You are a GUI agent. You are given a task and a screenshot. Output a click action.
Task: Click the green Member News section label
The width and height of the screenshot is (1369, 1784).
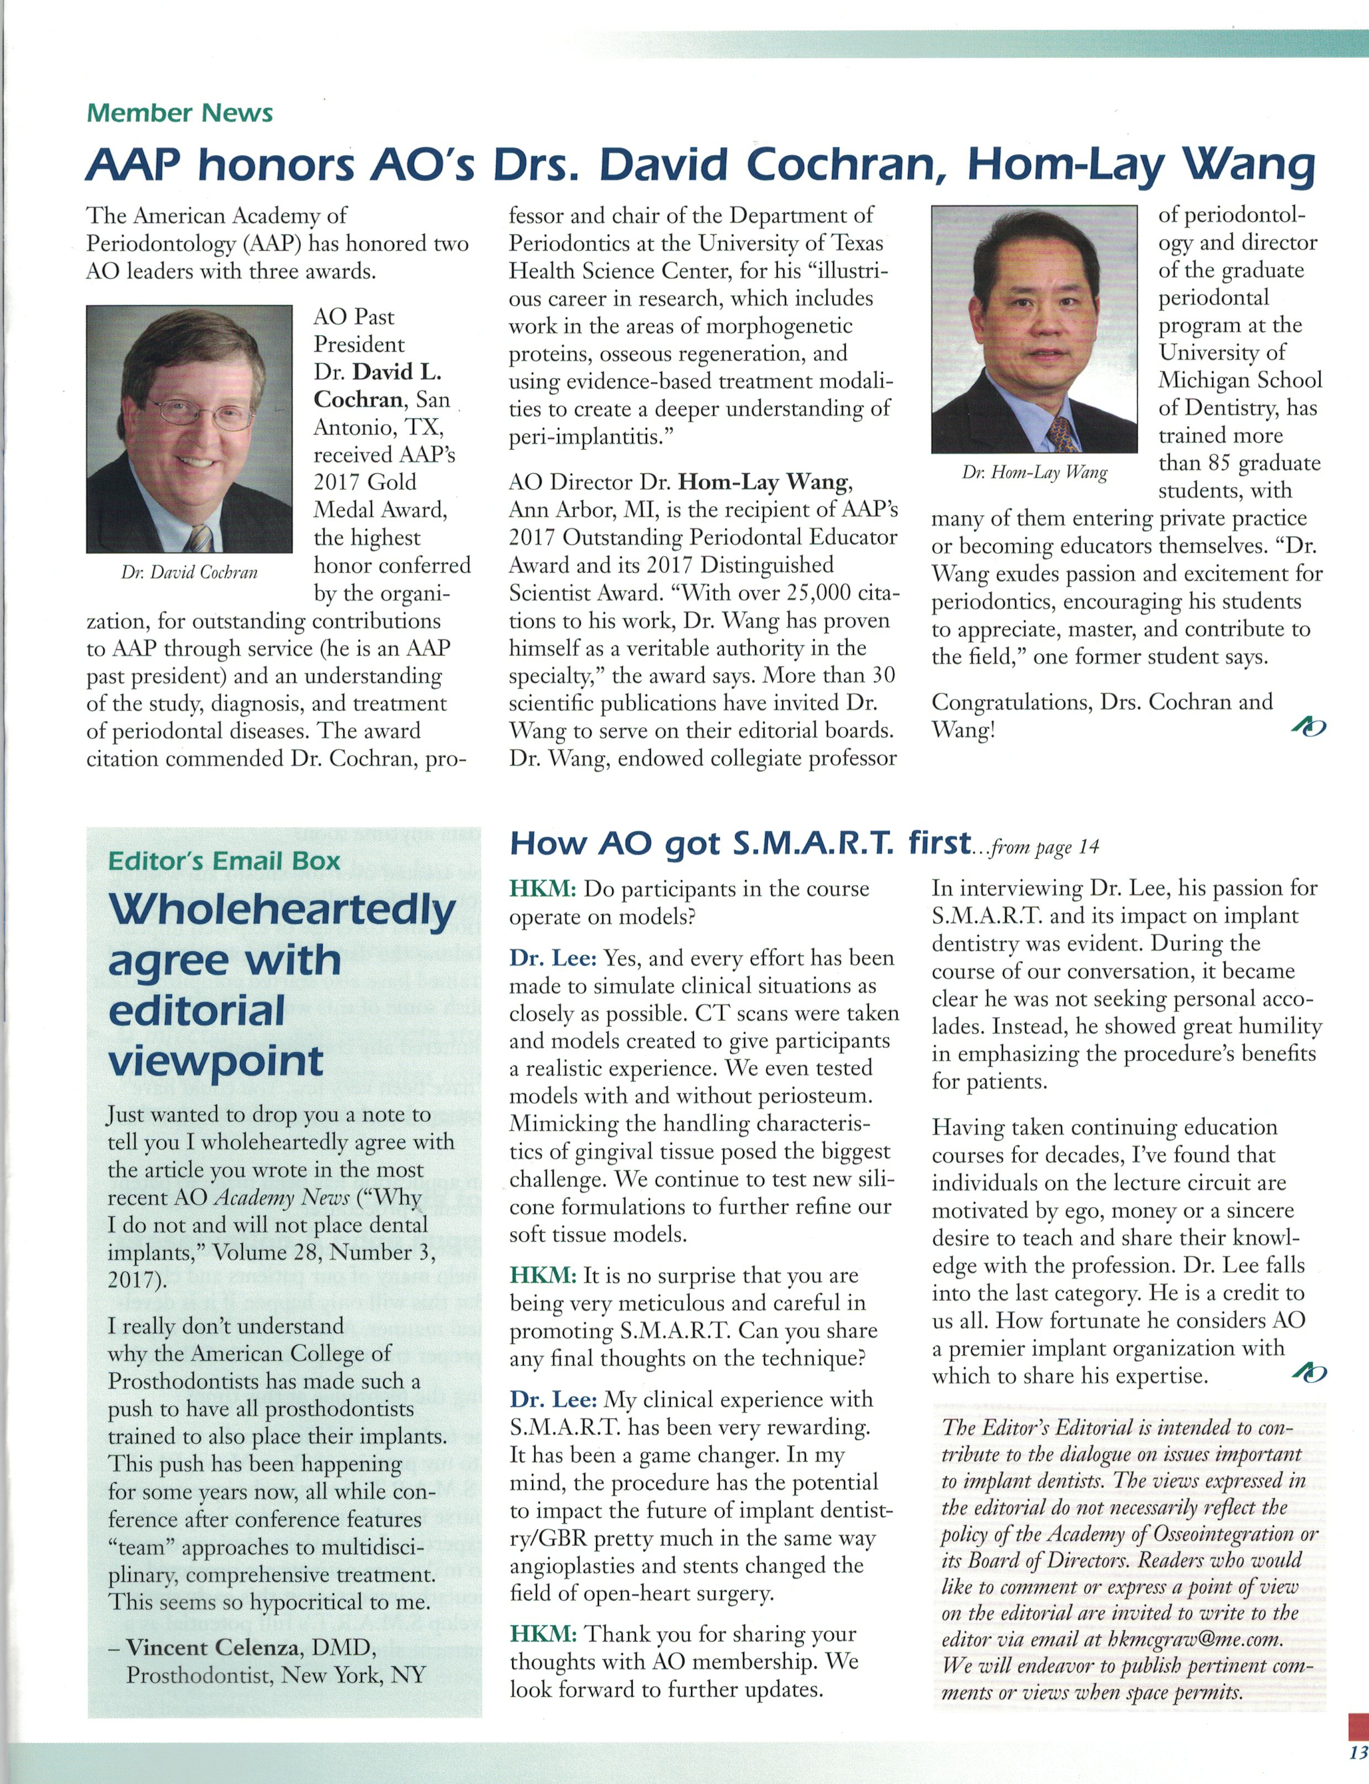pos(179,113)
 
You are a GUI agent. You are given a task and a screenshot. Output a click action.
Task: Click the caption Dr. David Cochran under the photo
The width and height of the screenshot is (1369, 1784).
pos(189,573)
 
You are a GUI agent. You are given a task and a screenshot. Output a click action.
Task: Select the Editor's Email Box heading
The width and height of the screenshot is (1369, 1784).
pos(224,861)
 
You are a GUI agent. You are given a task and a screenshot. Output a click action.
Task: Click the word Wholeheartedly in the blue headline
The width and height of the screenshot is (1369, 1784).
pos(282,910)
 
